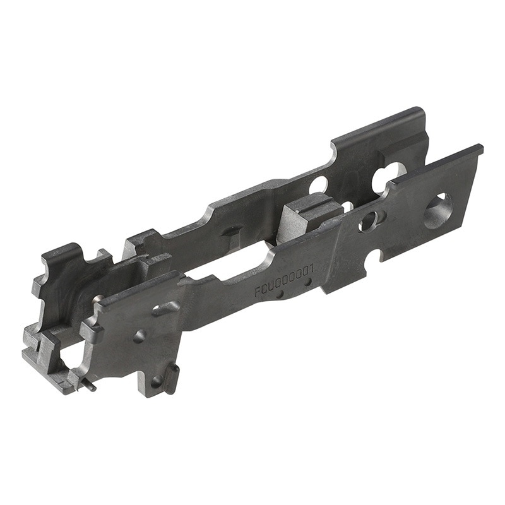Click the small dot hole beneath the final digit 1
tap(308, 283)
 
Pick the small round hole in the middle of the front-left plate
tap(140, 336)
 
